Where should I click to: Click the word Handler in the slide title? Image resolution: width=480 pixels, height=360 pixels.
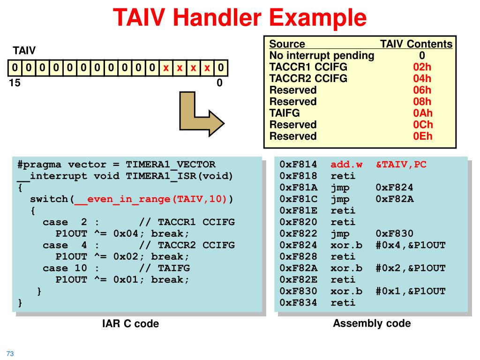[x=217, y=17]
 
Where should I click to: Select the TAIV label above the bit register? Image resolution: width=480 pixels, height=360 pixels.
[x=24, y=50]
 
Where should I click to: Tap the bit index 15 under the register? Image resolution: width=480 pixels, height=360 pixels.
[x=15, y=82]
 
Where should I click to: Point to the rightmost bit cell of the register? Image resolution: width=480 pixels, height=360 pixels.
[x=221, y=67]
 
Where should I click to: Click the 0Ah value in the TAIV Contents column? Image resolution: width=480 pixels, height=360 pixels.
[x=422, y=113]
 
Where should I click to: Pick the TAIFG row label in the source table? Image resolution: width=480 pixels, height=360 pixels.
[x=285, y=113]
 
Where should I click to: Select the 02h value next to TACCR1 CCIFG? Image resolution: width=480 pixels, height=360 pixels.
[x=422, y=67]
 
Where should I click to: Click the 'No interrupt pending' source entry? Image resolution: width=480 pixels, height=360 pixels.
[x=322, y=55]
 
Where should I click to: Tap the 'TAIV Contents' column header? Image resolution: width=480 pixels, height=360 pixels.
[x=416, y=44]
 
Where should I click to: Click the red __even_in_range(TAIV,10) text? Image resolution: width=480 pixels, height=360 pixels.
[x=150, y=199]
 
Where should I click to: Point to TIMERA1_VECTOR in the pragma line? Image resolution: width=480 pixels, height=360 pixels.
[x=171, y=165]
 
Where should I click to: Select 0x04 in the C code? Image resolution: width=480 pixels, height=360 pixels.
[x=126, y=233]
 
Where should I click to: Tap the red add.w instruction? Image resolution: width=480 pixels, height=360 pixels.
[x=346, y=165]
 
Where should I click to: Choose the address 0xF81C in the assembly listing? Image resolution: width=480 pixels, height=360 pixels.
[x=299, y=199]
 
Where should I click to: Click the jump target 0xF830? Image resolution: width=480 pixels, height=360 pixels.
[x=394, y=233]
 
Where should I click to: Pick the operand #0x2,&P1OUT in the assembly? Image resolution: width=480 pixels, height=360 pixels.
[x=411, y=268]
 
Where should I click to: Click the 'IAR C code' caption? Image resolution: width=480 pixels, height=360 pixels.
[x=130, y=323]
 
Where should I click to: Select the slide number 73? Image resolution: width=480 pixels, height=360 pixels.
[x=10, y=353]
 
